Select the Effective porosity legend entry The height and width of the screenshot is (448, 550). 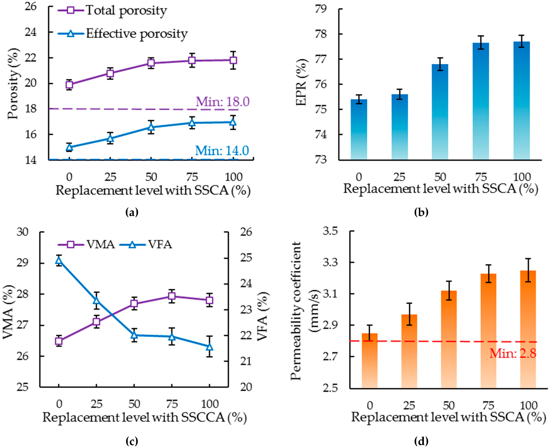click(x=123, y=34)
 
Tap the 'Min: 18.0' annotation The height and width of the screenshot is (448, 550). click(x=222, y=101)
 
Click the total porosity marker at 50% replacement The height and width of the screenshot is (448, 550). click(x=151, y=63)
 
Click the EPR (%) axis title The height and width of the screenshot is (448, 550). click(x=301, y=82)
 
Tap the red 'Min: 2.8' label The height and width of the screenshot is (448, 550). click(x=513, y=353)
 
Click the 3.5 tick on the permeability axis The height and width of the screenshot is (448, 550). click(x=330, y=231)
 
